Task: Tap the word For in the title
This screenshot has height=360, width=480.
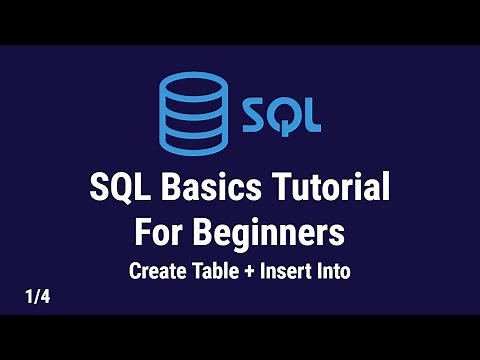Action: [159, 234]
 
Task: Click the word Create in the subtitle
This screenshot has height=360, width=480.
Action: [156, 270]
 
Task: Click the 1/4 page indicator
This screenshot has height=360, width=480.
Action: [37, 296]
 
